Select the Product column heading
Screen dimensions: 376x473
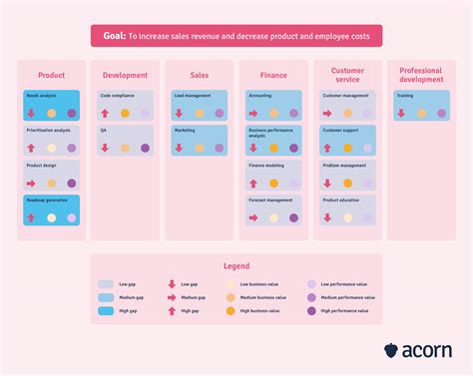pyautogui.click(x=52, y=75)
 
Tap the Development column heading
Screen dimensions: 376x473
pyautogui.click(x=125, y=75)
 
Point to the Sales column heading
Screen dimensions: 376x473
pyautogui.click(x=200, y=75)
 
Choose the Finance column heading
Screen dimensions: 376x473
pyautogui.click(x=273, y=75)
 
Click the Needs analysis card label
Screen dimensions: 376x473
pyautogui.click(x=42, y=96)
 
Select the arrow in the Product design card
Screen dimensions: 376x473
pyautogui.click(x=31, y=184)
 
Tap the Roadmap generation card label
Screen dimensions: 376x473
pyautogui.click(x=46, y=199)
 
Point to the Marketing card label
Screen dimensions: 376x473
pyautogui.click(x=185, y=131)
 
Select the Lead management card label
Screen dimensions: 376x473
pyautogui.click(x=192, y=96)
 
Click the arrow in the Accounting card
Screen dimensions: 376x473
pyautogui.click(x=253, y=114)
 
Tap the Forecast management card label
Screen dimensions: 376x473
pyautogui.click(x=270, y=199)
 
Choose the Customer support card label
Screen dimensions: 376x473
pyautogui.click(x=341, y=131)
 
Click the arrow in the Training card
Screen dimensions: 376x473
pyautogui.click(x=401, y=114)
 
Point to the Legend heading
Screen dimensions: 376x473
pyautogui.click(x=236, y=267)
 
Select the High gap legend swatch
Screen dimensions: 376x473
pyautogui.click(x=106, y=311)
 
